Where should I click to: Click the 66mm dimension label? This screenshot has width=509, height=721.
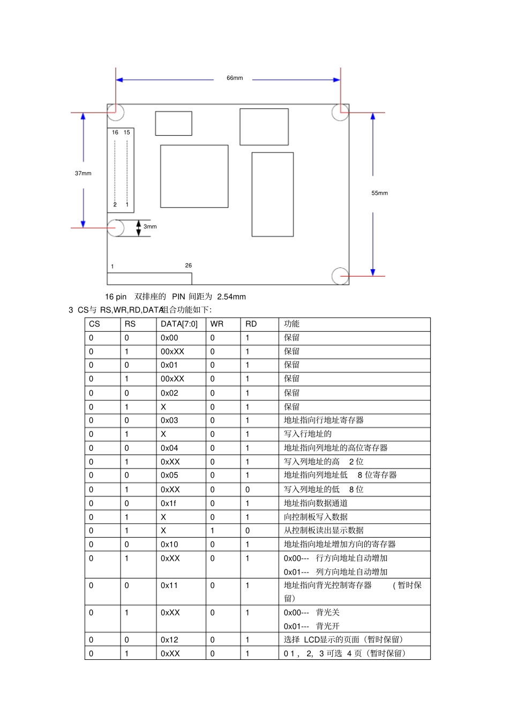tap(235, 78)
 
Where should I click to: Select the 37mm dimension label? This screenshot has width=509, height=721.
tap(83, 174)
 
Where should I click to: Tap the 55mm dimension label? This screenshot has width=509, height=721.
tap(379, 194)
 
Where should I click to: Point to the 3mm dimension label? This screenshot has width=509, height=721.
tap(150, 227)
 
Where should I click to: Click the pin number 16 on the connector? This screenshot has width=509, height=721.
tap(115, 132)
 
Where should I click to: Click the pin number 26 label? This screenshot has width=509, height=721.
tap(188, 265)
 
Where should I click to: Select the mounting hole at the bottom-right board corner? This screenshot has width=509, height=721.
tap(340, 276)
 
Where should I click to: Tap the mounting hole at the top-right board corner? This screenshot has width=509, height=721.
tap(340, 113)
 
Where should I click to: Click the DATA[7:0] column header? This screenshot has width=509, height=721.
tap(179, 324)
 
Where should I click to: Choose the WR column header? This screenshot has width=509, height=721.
tap(217, 324)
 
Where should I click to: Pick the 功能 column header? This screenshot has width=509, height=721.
tap(291, 324)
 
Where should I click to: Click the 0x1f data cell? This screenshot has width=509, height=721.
tap(168, 503)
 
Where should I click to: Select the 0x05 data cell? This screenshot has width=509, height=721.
tap(169, 475)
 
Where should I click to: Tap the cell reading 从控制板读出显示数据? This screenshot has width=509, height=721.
tap(324, 531)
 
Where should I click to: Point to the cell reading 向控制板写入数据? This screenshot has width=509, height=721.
tap(316, 517)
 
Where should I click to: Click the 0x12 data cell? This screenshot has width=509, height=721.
tap(169, 640)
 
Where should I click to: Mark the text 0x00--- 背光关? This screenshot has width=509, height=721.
tap(311, 613)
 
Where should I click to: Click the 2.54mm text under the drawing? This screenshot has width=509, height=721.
tap(231, 297)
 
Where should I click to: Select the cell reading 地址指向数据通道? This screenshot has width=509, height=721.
tap(316, 503)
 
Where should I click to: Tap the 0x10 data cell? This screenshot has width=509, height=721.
tap(169, 545)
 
